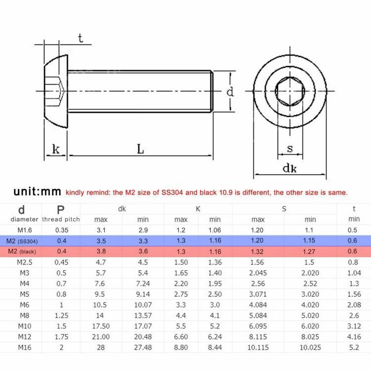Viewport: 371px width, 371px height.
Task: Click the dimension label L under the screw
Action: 140,148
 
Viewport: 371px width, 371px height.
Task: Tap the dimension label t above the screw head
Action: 80,38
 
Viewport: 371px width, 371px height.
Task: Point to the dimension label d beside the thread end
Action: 230,92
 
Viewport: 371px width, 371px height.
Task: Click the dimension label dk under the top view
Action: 289,169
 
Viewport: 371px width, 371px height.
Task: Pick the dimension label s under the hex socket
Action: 289,148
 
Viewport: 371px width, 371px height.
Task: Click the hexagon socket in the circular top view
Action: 289,92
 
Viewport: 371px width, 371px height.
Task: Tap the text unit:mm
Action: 37,192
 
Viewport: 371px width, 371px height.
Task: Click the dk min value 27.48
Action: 143,347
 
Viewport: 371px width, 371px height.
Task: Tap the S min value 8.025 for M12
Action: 310,336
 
